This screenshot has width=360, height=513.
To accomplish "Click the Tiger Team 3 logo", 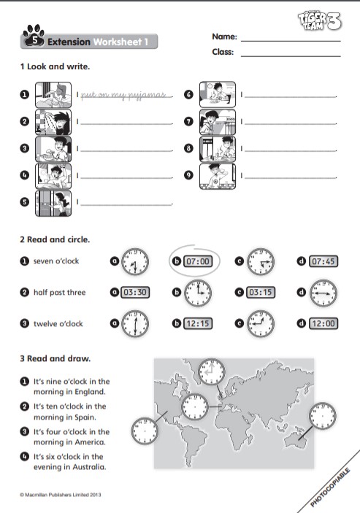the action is [x=319, y=21].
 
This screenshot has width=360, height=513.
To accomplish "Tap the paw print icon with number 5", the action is [x=34, y=36].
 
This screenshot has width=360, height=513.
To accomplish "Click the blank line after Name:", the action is [x=291, y=41].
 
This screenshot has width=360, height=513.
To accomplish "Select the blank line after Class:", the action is [x=291, y=56].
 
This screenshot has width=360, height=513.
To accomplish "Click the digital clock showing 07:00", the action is [x=198, y=261].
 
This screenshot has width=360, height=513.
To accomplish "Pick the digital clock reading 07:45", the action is [x=323, y=261].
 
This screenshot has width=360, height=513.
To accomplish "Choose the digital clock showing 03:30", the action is [x=135, y=292].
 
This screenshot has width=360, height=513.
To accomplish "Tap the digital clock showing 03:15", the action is [x=261, y=292].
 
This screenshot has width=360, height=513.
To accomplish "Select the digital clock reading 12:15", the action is [x=198, y=323].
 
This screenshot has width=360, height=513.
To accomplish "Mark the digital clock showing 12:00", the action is [x=323, y=323].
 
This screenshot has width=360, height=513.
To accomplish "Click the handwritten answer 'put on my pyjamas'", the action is [x=123, y=95].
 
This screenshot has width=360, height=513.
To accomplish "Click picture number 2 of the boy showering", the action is [x=53, y=122].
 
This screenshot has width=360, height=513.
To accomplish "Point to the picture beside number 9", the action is [x=218, y=177].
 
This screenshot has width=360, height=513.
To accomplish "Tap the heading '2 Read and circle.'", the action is [x=55, y=239].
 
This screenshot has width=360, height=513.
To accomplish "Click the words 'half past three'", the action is [x=60, y=292].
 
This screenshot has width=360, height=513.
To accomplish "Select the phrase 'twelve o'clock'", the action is [x=58, y=323].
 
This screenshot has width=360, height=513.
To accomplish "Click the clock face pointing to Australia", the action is [x=323, y=416].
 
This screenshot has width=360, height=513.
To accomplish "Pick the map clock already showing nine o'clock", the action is [x=212, y=371].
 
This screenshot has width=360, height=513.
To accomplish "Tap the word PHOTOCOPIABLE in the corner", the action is [x=330, y=487].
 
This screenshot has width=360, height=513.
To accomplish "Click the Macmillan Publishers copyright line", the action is [x=60, y=495].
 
